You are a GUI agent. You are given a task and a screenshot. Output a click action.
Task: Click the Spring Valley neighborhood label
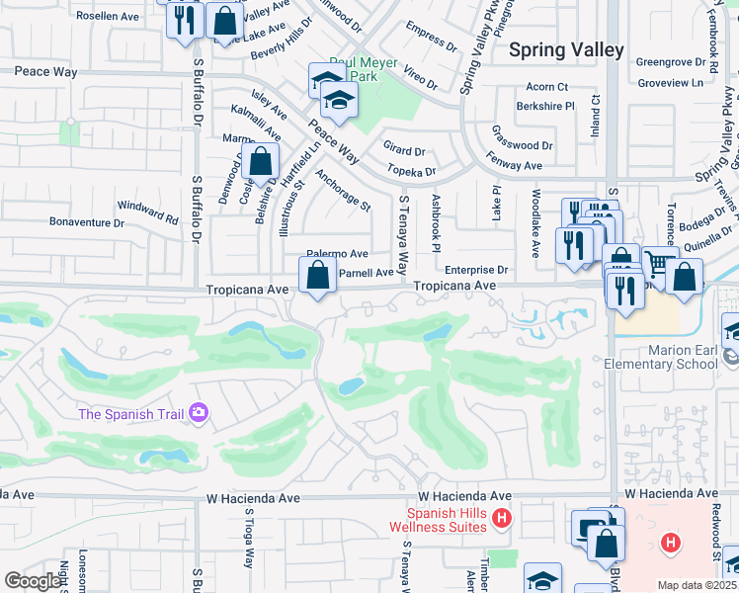click(566, 49)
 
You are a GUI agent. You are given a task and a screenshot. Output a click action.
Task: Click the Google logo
click(33, 580)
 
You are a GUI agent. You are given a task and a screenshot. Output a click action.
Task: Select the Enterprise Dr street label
click(475, 270)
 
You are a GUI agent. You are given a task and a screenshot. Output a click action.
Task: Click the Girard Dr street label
click(404, 152)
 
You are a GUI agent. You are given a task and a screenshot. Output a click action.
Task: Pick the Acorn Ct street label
click(547, 87)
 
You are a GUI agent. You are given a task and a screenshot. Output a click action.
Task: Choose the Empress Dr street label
click(432, 42)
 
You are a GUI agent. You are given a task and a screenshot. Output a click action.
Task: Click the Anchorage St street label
click(343, 192)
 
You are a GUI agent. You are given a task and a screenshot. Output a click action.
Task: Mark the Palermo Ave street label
click(336, 254)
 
